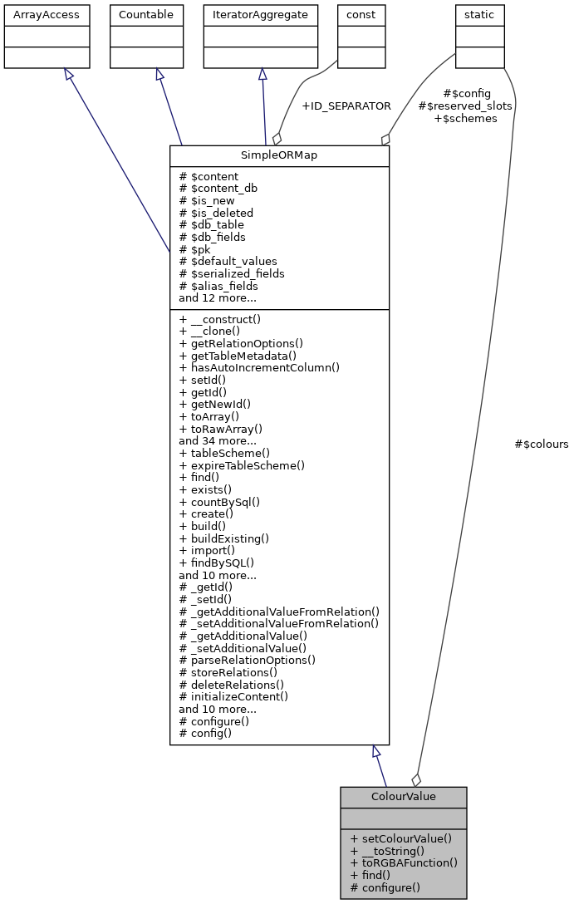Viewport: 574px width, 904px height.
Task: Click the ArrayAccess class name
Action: (x=35, y=14)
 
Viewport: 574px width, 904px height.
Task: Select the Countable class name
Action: (x=145, y=14)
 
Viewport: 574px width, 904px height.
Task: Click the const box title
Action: (x=361, y=14)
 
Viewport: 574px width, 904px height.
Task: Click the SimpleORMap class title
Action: (x=279, y=156)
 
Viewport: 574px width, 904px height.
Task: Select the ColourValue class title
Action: (x=403, y=797)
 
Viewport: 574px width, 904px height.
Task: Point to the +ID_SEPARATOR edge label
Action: (x=346, y=106)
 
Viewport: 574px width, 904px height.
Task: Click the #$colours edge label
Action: (x=542, y=445)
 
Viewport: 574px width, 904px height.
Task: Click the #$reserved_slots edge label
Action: (x=465, y=106)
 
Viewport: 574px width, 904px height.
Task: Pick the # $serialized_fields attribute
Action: (x=232, y=273)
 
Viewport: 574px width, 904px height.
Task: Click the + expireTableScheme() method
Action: (x=242, y=465)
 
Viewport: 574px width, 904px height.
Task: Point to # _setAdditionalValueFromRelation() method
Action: (x=279, y=623)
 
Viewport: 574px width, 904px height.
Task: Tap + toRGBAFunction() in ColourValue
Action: (x=404, y=862)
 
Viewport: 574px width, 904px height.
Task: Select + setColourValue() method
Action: (x=400, y=838)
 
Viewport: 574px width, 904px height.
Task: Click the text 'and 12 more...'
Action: (x=217, y=297)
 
